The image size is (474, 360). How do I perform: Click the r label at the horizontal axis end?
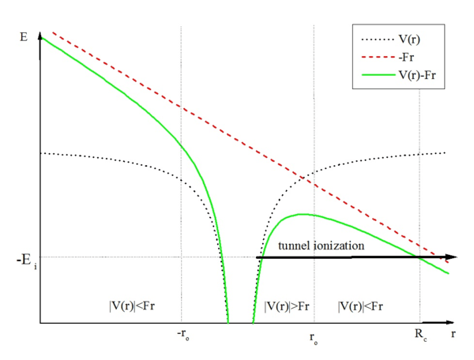coord(453,334)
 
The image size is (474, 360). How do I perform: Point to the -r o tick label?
coord(182,334)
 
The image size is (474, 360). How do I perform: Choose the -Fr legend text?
coord(411,57)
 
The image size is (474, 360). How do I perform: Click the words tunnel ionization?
coord(320,246)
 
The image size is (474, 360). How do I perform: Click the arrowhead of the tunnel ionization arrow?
coord(451,257)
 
